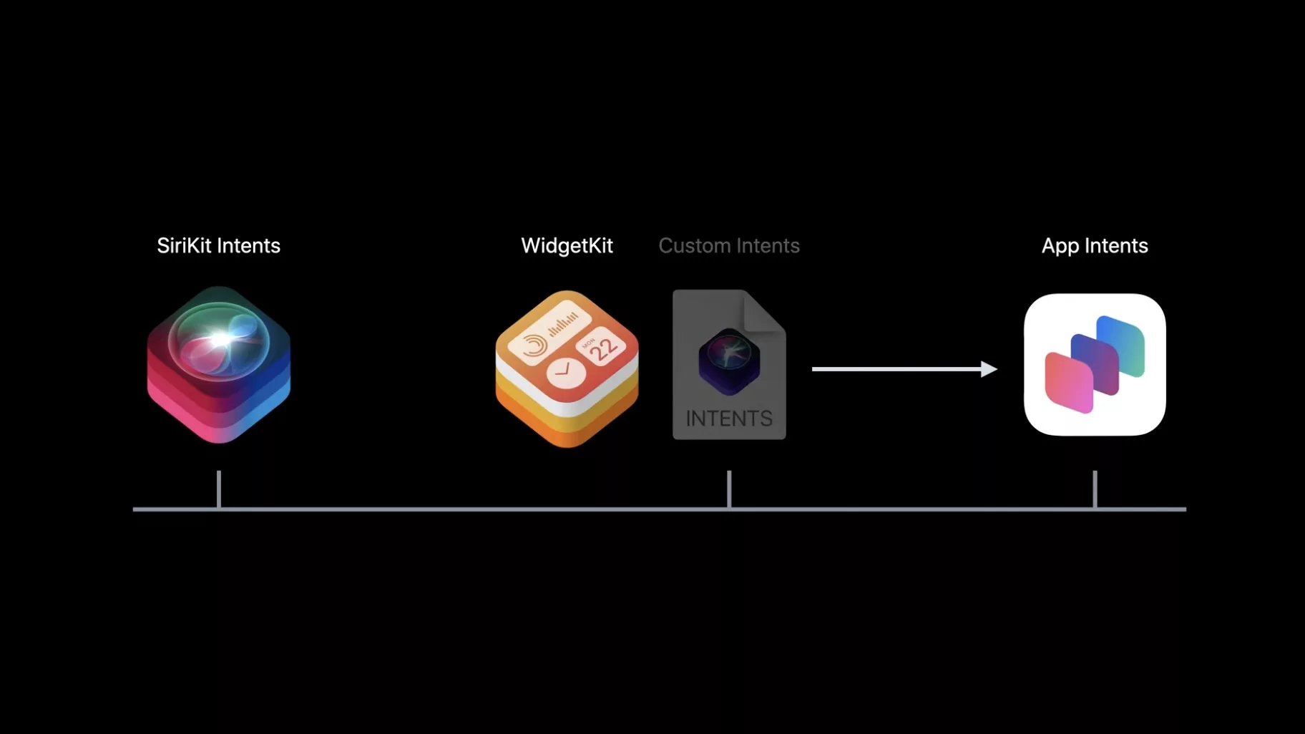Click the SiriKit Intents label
pos(218,245)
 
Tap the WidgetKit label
pos(567,245)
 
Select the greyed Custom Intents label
pos(729,245)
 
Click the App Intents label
pos(1095,245)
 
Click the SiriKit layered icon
pos(219,365)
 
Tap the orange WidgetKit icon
pos(567,368)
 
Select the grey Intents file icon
pos(729,365)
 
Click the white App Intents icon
pos(1095,365)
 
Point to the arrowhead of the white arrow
pos(990,369)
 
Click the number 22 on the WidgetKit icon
pos(605,349)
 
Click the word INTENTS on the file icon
pos(729,419)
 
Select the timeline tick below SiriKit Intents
pos(219,489)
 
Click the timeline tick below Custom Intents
pos(729,489)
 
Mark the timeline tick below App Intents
pos(1095,489)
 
